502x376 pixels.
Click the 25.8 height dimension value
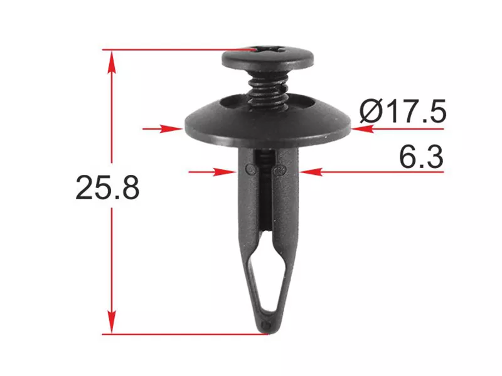[107, 187]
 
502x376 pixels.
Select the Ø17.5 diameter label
[402, 111]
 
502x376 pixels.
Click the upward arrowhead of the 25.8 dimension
[112, 62]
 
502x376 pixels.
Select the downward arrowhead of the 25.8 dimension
[112, 321]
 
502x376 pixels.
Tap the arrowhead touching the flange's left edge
[172, 129]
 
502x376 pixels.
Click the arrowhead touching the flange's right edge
[363, 129]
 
